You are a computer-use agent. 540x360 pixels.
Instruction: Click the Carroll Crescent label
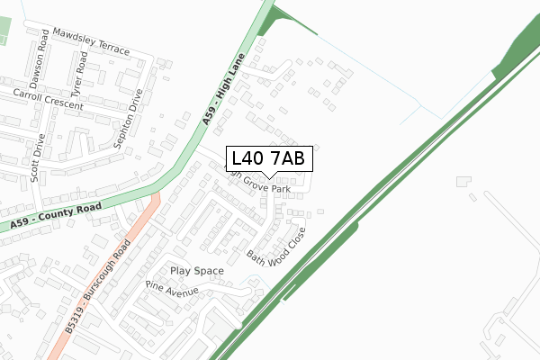pos(48,99)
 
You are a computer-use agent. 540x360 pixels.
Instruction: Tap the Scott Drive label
pos(37,157)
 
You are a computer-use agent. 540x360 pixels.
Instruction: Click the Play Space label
pos(197,270)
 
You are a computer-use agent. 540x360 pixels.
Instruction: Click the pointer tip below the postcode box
pos(268,177)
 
